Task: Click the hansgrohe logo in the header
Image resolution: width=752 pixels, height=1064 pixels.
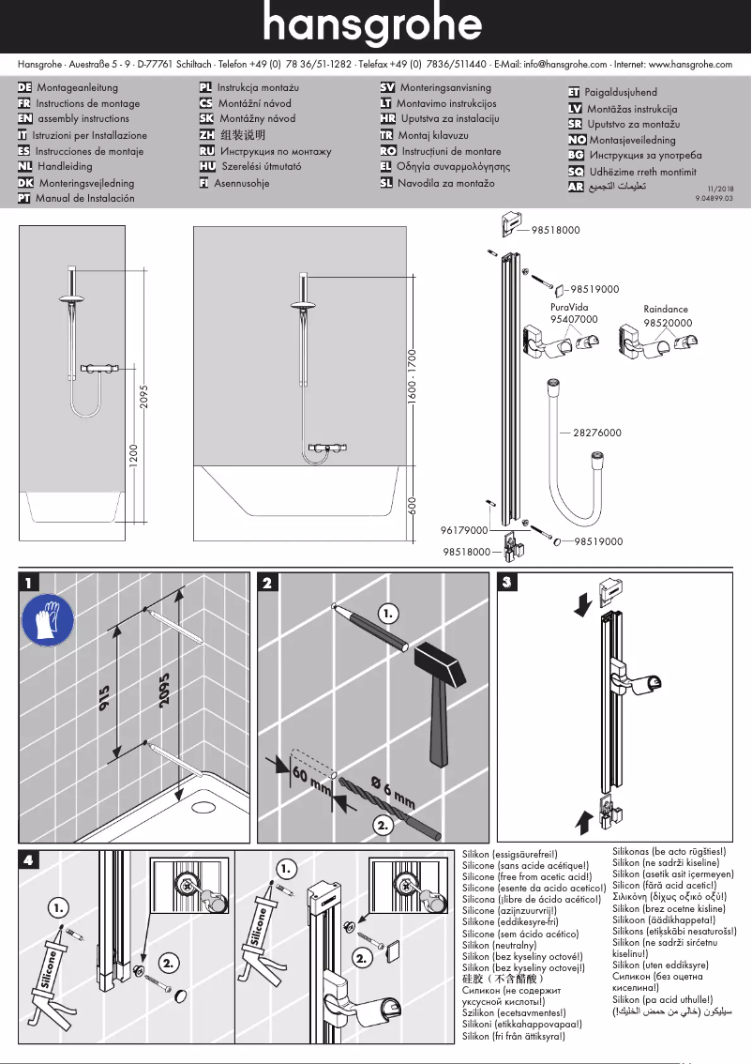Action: click(x=375, y=26)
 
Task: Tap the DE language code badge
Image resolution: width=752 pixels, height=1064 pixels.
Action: click(x=25, y=88)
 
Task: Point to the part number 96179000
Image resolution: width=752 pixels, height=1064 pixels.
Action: click(x=464, y=530)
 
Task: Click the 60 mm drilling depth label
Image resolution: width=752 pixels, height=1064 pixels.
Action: click(x=311, y=782)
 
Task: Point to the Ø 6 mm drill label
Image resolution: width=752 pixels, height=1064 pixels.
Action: click(x=392, y=790)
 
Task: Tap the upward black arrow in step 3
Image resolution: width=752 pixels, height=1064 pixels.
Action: click(x=583, y=823)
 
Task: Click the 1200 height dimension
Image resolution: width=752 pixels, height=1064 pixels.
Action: click(x=133, y=456)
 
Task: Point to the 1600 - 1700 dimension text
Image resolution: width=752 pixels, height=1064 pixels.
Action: click(x=411, y=376)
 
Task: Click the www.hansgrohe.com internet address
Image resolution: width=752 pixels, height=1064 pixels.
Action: click(x=690, y=64)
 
